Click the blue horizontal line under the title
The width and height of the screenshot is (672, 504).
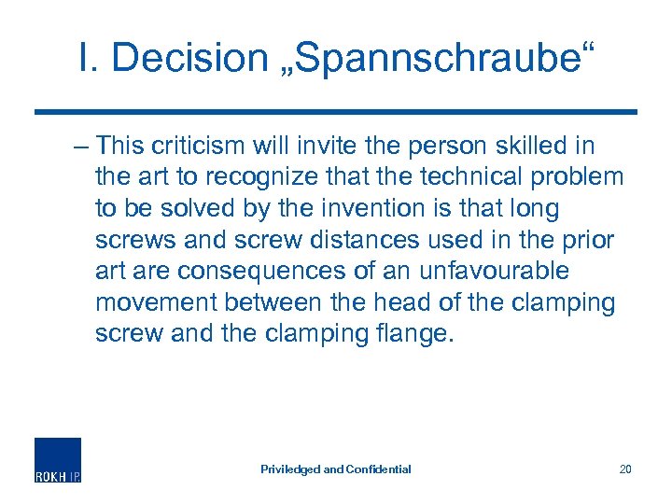[336, 112]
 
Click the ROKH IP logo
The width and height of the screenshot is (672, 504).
[58, 459]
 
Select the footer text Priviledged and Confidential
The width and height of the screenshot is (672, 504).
[335, 469]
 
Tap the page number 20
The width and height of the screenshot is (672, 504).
[625, 469]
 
